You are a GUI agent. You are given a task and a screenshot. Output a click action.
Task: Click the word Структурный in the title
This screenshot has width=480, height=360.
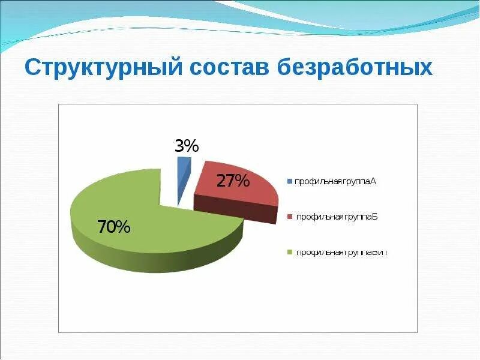[103, 67]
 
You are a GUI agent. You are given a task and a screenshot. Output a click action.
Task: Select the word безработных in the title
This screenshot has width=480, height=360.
[355, 67]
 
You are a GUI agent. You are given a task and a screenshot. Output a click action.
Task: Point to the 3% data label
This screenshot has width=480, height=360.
[187, 146]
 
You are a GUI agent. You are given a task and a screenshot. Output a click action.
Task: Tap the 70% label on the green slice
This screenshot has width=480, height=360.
[113, 227]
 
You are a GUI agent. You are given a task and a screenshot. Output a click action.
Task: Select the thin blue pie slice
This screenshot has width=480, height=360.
[182, 177]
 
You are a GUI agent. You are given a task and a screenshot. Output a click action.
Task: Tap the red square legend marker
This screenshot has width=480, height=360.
[290, 217]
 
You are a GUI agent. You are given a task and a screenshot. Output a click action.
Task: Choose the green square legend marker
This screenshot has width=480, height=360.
[290, 252]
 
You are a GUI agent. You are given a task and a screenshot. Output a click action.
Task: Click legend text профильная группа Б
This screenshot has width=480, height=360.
[335, 217]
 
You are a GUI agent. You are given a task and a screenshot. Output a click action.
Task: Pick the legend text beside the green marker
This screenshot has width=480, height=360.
[340, 252]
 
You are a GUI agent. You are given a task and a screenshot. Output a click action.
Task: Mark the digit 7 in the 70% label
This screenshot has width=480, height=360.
[103, 227]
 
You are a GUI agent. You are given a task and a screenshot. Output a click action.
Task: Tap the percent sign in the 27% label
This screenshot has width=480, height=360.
[241, 181]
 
